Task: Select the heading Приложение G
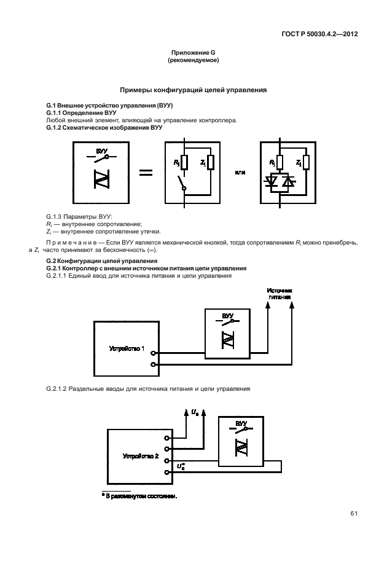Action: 193,55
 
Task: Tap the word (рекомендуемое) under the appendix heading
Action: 193,61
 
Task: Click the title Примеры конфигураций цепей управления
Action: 193,90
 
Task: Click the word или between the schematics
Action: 240,173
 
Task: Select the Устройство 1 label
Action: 127,348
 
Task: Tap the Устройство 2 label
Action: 141,457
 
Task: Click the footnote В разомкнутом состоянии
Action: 139,496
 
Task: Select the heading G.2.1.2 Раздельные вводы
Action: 148,389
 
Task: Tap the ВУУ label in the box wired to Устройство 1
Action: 228,316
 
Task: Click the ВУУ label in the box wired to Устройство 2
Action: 241,423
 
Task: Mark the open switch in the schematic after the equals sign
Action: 181,183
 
